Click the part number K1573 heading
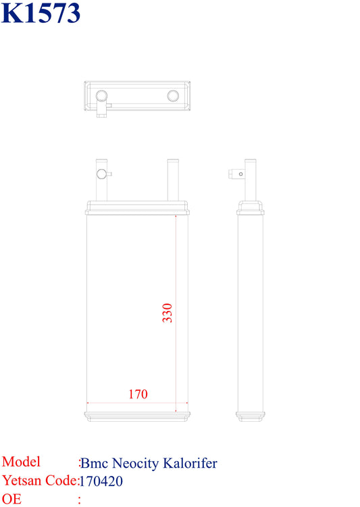[41, 13]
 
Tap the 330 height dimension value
[167, 313]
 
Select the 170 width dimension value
[138, 394]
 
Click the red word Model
[21, 462]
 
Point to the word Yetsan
[22, 480]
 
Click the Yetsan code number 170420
[101, 481]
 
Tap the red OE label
[11, 499]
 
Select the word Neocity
[136, 464]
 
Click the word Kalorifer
[190, 463]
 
